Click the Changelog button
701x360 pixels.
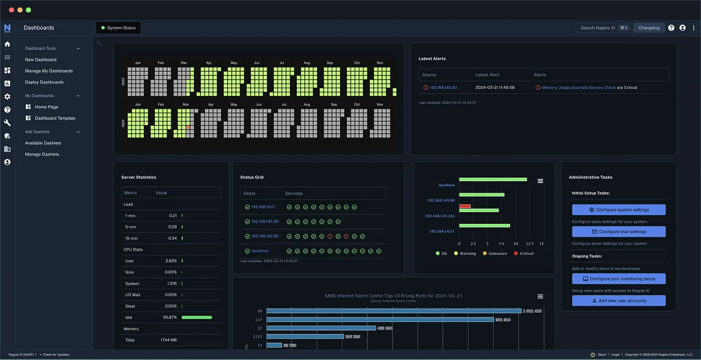[x=648, y=27]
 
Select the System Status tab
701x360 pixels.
[x=119, y=27]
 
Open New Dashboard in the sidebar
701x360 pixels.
[x=41, y=60]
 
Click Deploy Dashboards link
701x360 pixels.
[x=44, y=82]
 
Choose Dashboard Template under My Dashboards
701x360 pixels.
[x=55, y=118]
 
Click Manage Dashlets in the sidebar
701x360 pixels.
[x=42, y=154]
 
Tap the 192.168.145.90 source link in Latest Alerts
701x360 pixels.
[x=443, y=88]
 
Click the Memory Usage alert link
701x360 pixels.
[x=556, y=88]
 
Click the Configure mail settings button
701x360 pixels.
[x=619, y=231]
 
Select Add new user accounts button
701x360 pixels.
[x=619, y=300]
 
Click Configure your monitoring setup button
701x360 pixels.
[x=619, y=279]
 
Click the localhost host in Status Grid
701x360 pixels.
[x=260, y=251]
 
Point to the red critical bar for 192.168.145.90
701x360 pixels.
[x=465, y=206]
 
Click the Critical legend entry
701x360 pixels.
[x=523, y=254]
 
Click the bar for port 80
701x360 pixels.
[x=394, y=311]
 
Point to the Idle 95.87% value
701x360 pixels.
[x=170, y=317]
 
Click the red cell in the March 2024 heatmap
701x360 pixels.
[x=188, y=127]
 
